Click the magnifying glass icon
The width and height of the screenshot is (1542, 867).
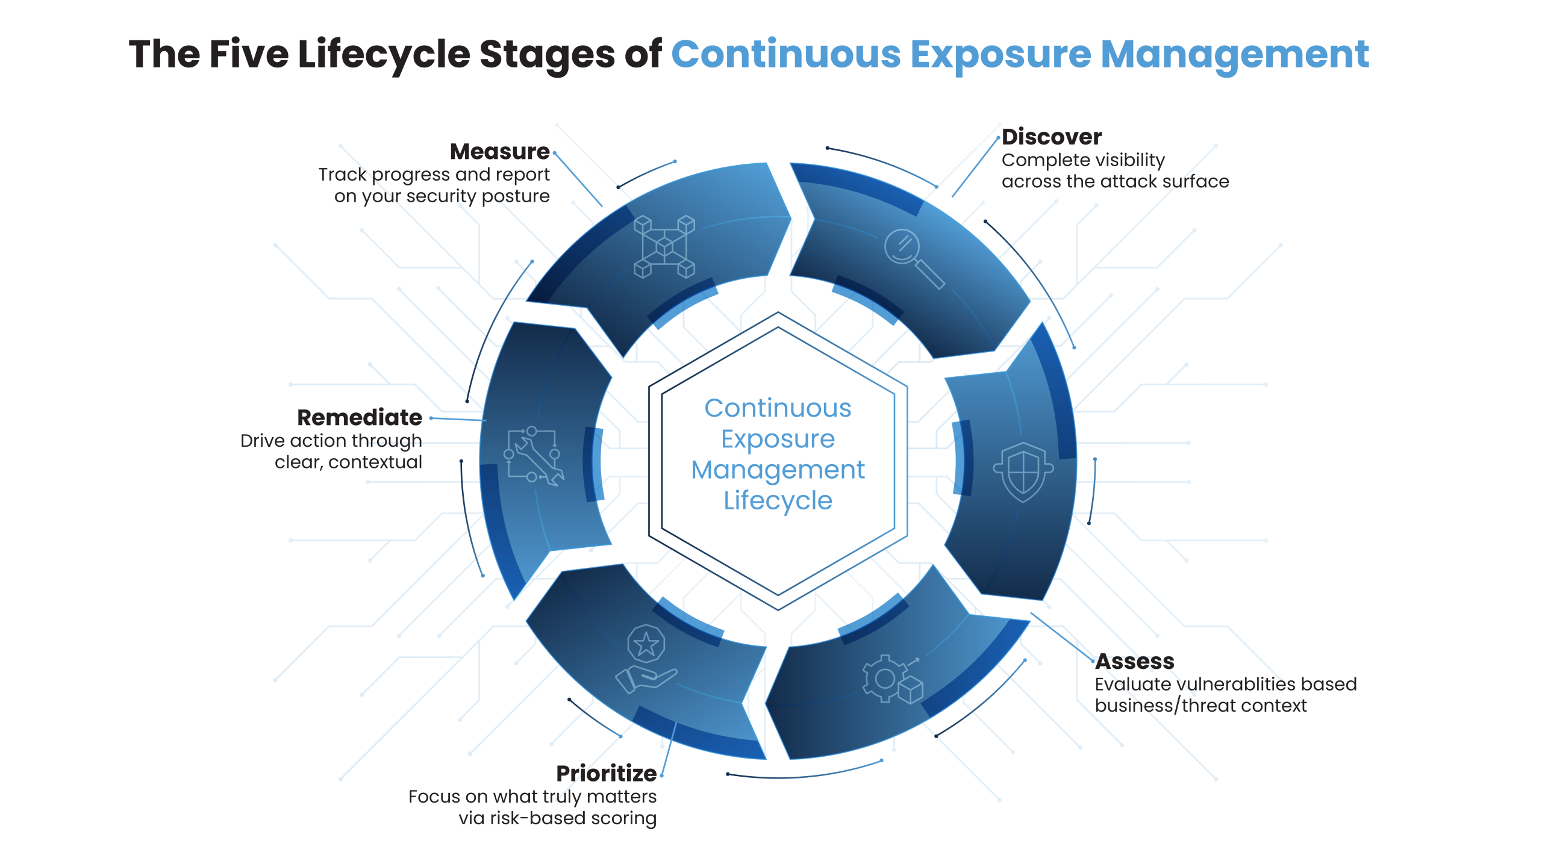tap(911, 258)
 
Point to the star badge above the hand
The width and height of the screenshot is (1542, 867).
tap(646, 645)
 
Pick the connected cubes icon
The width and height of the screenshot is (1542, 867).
tap(664, 247)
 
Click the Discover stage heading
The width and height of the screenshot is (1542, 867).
tap(1052, 137)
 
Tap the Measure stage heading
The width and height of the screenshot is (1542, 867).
tap(499, 152)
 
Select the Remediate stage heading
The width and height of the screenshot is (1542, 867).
tap(360, 418)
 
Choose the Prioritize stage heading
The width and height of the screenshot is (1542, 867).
tap(606, 774)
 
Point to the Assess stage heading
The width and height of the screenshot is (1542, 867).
tap(1135, 662)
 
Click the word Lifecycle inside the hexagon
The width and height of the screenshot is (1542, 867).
tap(778, 501)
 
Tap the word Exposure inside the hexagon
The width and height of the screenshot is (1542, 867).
tap(778, 440)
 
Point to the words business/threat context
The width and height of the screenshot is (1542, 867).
tap(1200, 706)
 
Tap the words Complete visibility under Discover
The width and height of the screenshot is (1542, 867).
tap(1083, 161)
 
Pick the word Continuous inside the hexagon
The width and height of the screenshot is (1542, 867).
tap(778, 409)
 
